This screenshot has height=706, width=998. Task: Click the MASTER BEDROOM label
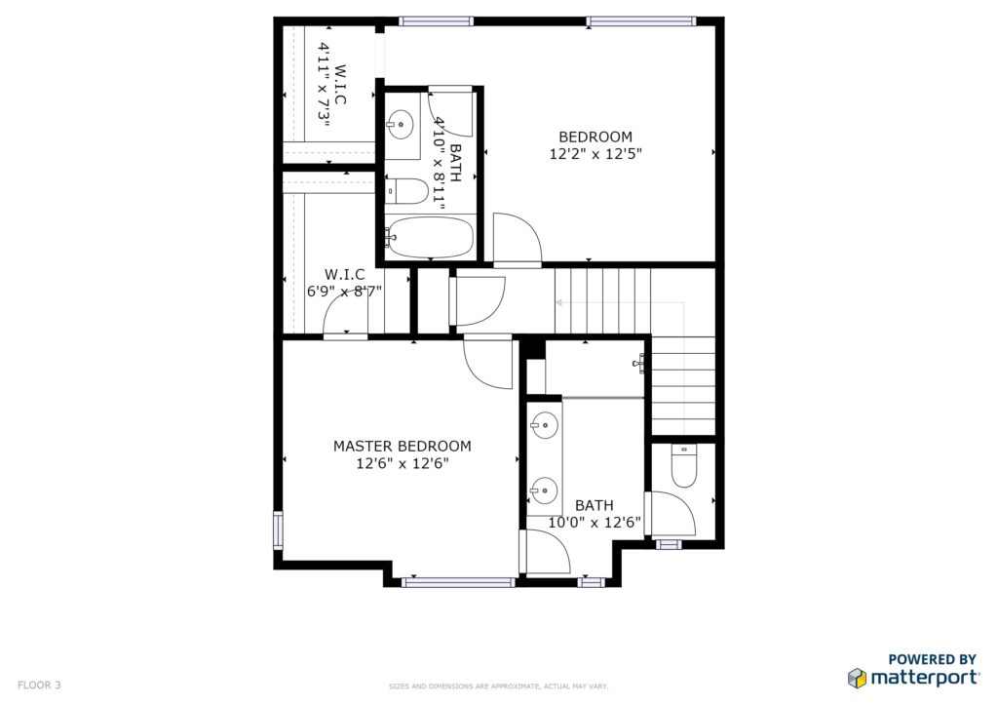403,447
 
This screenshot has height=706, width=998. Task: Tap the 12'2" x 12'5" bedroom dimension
595,153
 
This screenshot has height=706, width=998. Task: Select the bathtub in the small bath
430,238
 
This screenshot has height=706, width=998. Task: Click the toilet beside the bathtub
406,191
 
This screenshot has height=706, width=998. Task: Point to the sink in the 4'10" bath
401,124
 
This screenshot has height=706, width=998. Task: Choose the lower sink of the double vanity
545,490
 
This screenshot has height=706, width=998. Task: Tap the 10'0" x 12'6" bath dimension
595,523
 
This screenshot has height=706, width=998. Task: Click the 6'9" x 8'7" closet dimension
344,292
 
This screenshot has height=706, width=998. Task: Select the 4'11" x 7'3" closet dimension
325,85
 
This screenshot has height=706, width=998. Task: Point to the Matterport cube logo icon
857,678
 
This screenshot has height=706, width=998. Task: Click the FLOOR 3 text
39,685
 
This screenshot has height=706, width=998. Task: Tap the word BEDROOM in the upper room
595,137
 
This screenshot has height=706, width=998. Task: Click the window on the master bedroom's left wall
278,529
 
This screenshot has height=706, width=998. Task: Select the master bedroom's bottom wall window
458,582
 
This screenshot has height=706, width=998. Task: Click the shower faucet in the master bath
639,363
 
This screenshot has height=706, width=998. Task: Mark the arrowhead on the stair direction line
559,302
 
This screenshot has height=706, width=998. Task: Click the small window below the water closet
669,544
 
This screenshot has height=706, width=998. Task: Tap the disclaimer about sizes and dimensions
498,686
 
